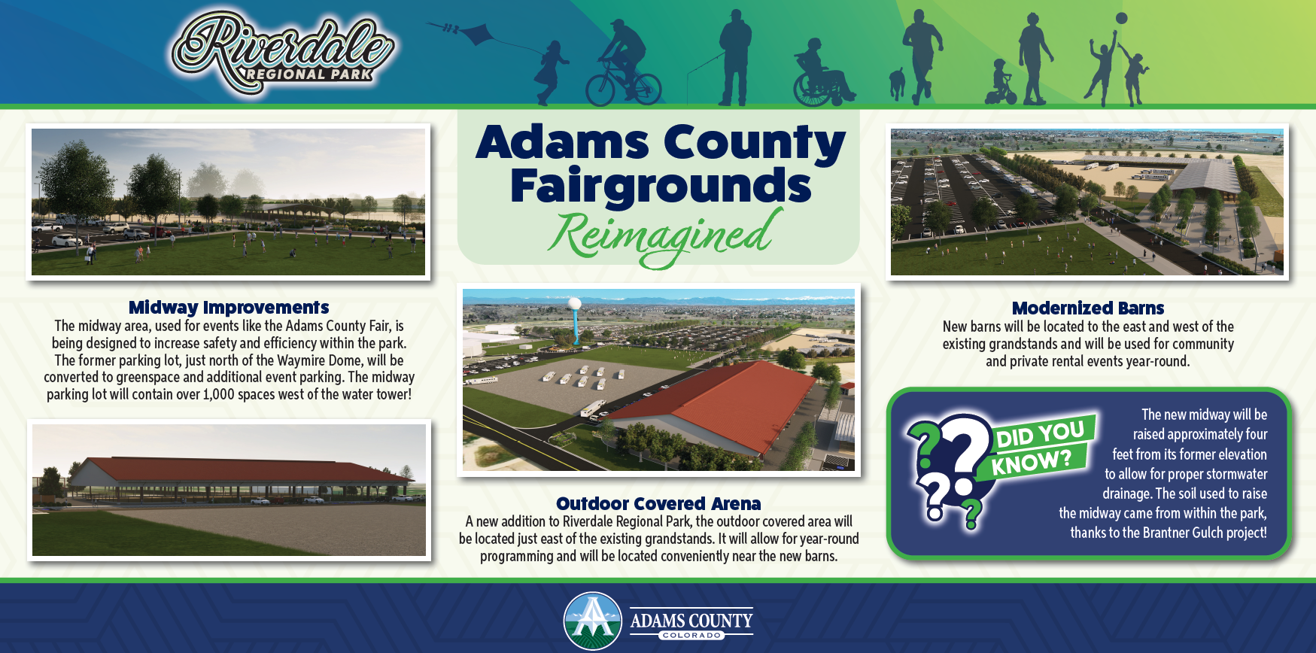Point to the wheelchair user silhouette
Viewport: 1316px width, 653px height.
[x=822, y=73]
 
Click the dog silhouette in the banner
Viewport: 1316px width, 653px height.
[x=897, y=83]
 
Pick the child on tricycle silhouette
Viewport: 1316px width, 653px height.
[x=1001, y=82]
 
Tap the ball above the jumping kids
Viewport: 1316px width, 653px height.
[x=1121, y=17]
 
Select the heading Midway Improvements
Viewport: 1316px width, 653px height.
[x=229, y=307]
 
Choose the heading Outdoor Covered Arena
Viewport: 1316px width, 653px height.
[x=658, y=503]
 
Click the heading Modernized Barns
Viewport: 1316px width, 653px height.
[x=1088, y=308]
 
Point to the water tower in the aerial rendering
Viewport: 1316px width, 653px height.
[x=576, y=320]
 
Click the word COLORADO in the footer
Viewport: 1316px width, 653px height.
[x=691, y=636]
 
